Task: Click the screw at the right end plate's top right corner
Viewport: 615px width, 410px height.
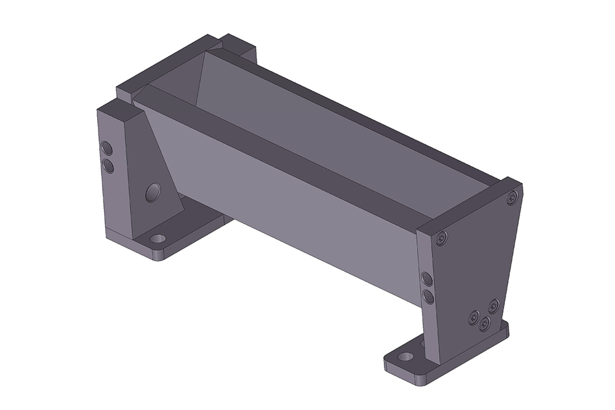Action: pos(512,197)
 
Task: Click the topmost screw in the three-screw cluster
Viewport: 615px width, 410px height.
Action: pos(493,305)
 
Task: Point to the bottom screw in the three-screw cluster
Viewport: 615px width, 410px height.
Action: pos(485,323)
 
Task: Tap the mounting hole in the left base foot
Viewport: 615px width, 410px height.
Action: pos(159,238)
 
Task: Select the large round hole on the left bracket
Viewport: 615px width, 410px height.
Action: pos(152,193)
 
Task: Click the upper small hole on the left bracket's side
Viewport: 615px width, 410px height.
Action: pos(106,148)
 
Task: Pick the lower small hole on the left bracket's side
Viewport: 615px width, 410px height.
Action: pos(107,165)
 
